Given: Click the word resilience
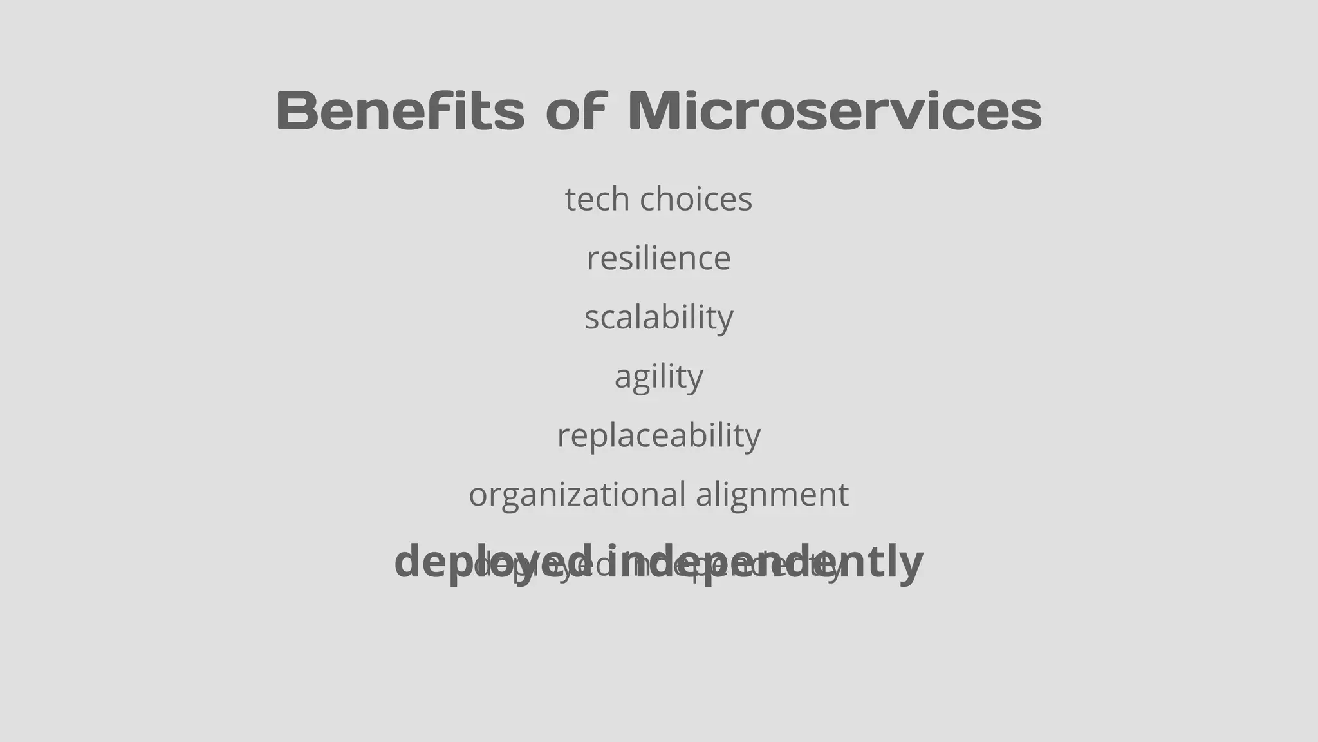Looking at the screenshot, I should click(x=658, y=258).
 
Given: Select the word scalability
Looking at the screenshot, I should click(x=658, y=318).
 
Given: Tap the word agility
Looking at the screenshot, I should click(x=658, y=377).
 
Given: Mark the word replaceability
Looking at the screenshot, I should click(x=658, y=436).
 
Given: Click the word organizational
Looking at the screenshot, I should click(x=577, y=495).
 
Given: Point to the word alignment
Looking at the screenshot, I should click(x=772, y=495).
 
